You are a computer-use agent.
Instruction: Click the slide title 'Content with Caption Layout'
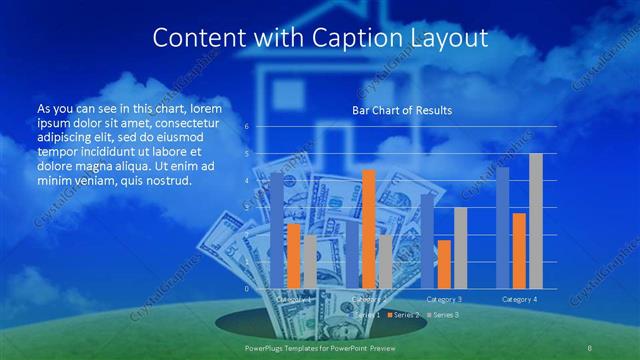[x=319, y=38]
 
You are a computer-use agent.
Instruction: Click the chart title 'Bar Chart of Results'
[x=401, y=110]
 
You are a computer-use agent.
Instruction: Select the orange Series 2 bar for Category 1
[x=293, y=256]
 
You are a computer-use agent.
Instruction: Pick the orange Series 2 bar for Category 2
[x=369, y=229]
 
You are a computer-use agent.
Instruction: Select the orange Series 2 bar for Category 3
[x=444, y=264]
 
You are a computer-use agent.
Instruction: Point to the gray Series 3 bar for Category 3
[x=460, y=248]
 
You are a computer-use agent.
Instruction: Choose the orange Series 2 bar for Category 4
[x=519, y=251]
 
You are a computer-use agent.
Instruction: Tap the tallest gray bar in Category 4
[x=536, y=221]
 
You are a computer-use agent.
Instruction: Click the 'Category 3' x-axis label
[x=444, y=299]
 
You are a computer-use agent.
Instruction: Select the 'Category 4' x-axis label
[x=519, y=299]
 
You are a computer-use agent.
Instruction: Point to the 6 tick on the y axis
[x=247, y=127]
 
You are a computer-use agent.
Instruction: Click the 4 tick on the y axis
[x=247, y=181]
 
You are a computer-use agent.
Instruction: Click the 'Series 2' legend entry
[x=403, y=314]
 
